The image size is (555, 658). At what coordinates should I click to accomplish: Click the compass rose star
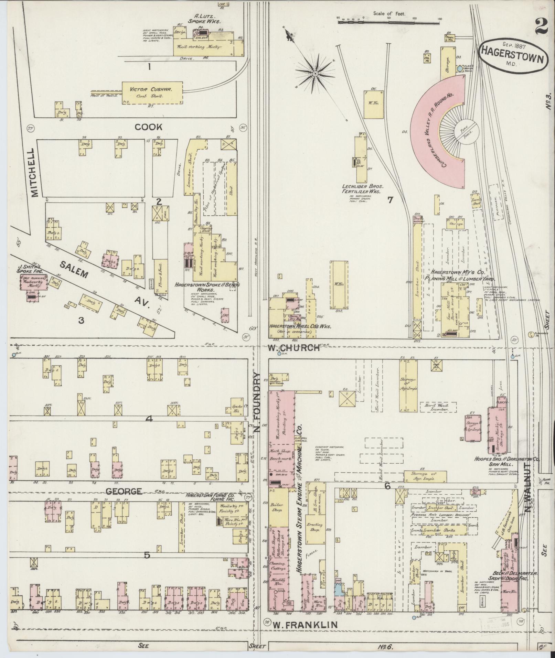(x=315, y=73)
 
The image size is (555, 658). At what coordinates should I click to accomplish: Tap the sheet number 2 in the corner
(x=542, y=26)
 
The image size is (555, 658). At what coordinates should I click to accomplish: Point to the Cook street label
(x=148, y=127)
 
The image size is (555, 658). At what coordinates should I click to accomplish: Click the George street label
(x=119, y=491)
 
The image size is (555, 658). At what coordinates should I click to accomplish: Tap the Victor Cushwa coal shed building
(x=153, y=93)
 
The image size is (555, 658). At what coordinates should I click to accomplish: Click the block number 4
(x=149, y=419)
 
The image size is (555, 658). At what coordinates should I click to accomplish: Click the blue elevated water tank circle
(x=460, y=69)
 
